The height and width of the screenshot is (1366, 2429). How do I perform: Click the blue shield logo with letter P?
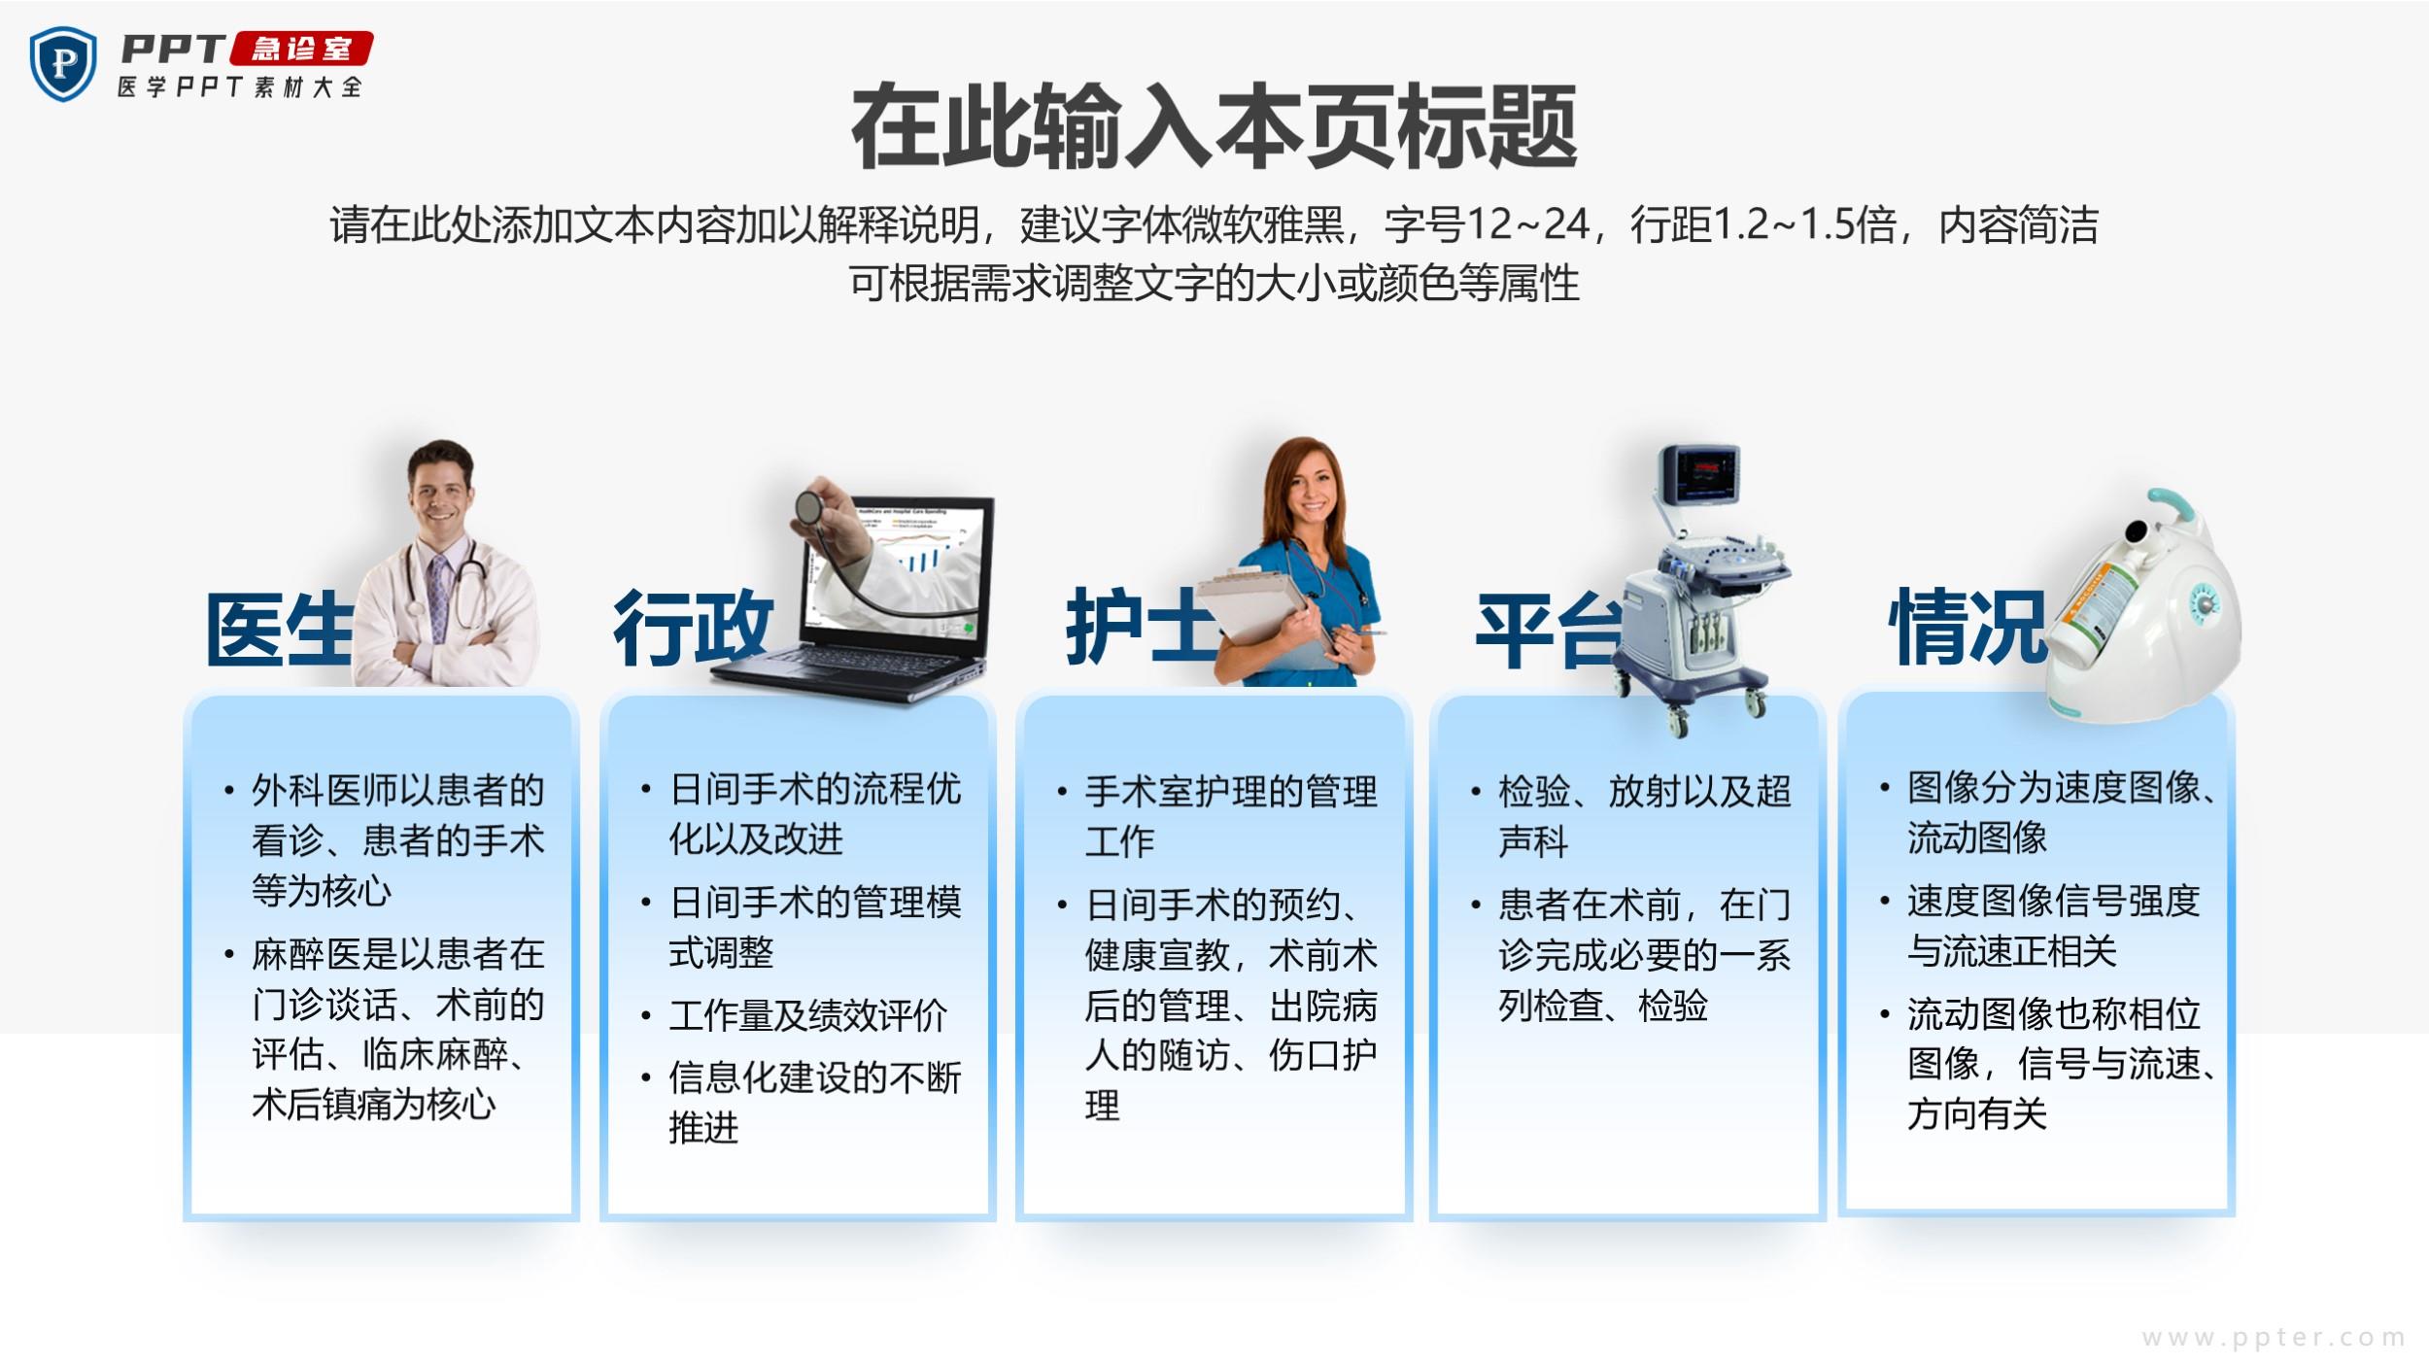(63, 63)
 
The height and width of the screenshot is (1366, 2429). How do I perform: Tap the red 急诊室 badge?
(301, 49)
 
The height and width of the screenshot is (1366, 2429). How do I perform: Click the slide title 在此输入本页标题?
(1214, 127)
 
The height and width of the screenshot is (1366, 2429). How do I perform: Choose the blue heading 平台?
(1549, 630)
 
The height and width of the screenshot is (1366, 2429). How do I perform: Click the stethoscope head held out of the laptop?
(808, 505)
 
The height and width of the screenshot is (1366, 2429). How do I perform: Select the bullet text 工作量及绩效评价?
(807, 1016)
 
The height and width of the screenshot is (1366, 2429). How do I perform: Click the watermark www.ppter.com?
(2274, 1338)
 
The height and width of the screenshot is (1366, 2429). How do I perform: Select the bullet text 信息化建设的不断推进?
(814, 1102)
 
